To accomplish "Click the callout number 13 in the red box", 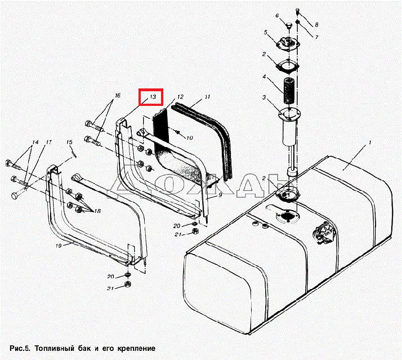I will point(151,97).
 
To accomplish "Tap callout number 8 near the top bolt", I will point(316,25).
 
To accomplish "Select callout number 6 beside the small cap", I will point(278,16).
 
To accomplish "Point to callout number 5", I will point(265,33).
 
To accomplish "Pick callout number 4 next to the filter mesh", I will point(264,76).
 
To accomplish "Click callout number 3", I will point(264,97).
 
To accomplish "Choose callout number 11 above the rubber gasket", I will point(207,97).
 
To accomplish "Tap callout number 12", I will point(180,97).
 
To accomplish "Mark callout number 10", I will point(189,137).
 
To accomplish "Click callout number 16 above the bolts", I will point(117,96).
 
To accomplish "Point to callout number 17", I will point(49,141).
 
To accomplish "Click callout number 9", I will point(221,194).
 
